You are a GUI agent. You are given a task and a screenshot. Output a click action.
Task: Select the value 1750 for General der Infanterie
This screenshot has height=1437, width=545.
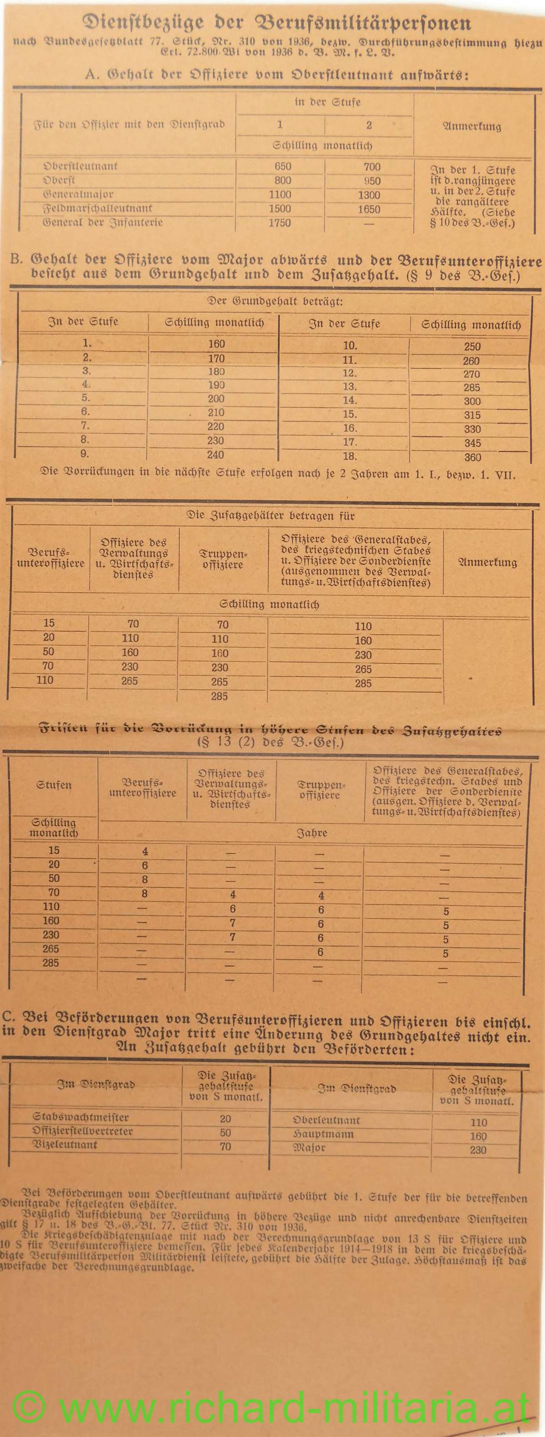tap(279, 223)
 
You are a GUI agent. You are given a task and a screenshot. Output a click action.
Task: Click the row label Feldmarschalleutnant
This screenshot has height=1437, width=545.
tap(98, 208)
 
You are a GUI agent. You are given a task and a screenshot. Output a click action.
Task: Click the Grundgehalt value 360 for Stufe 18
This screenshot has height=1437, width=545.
tap(473, 458)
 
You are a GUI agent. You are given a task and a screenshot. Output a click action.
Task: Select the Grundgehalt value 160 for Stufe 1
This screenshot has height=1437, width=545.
tap(216, 344)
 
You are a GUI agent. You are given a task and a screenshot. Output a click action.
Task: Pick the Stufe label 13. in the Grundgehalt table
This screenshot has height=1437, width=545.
tap(350, 387)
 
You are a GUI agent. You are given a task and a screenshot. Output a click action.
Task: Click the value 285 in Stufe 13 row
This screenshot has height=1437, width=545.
tap(472, 387)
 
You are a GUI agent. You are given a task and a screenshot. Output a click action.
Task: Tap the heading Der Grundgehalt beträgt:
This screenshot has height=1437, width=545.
tap(275, 302)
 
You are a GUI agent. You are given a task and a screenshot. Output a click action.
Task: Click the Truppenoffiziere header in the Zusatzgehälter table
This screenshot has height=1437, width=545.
tap(223, 559)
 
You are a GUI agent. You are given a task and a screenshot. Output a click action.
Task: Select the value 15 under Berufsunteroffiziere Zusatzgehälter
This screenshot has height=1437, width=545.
tap(49, 623)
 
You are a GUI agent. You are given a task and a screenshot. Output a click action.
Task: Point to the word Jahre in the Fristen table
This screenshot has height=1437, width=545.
tap(311, 833)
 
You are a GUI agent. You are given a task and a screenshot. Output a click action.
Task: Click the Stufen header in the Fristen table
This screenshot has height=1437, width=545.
tap(53, 785)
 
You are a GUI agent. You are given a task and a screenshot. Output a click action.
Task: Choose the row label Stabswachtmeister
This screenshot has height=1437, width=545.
tap(80, 1117)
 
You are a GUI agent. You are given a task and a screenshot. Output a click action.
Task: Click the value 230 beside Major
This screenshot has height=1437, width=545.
tap(478, 1150)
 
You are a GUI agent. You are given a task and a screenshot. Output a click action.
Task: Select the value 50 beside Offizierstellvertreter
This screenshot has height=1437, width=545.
tap(226, 1133)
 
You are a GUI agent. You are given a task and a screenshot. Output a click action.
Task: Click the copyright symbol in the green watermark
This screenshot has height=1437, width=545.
tap(28, 1407)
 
